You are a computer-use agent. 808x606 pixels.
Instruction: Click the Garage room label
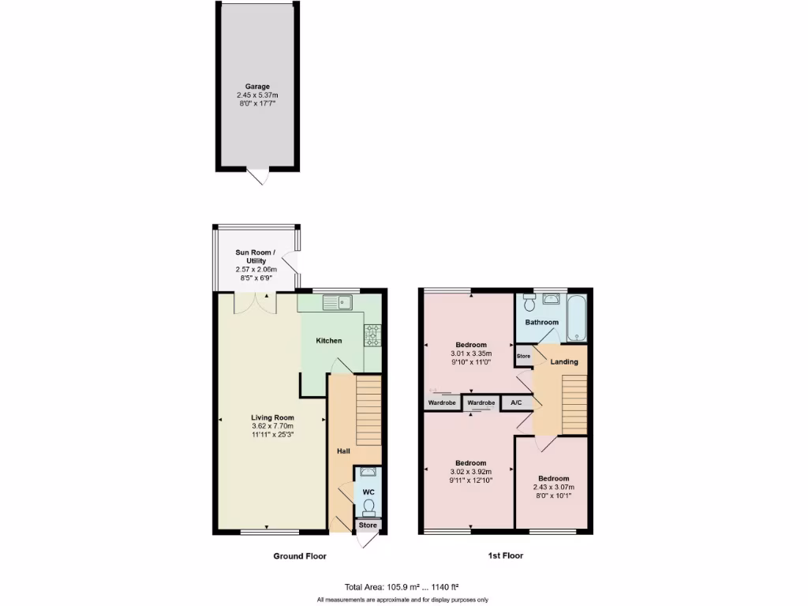[x=257, y=86]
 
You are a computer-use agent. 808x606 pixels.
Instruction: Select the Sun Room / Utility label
[x=252, y=256]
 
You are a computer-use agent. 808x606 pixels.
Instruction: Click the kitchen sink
[x=342, y=301]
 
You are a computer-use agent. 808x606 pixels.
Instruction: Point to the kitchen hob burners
[x=372, y=335]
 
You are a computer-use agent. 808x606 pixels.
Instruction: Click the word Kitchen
[x=329, y=341]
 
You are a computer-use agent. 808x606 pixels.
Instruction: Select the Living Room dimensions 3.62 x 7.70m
[x=273, y=427]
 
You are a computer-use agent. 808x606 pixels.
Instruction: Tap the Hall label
[x=343, y=451]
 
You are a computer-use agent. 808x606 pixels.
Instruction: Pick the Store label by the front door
[x=368, y=525]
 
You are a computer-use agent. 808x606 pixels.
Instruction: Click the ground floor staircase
[x=368, y=410]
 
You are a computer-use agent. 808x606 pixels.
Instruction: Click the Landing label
[x=564, y=362]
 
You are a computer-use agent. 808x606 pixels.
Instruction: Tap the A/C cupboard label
[x=516, y=402]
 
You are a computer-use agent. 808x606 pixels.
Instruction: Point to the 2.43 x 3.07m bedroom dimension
[x=554, y=488]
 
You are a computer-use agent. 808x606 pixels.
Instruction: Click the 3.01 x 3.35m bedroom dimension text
[x=471, y=354]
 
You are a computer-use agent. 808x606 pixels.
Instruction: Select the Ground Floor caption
[x=300, y=556]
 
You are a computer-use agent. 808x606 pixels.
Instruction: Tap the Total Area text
[x=402, y=586]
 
